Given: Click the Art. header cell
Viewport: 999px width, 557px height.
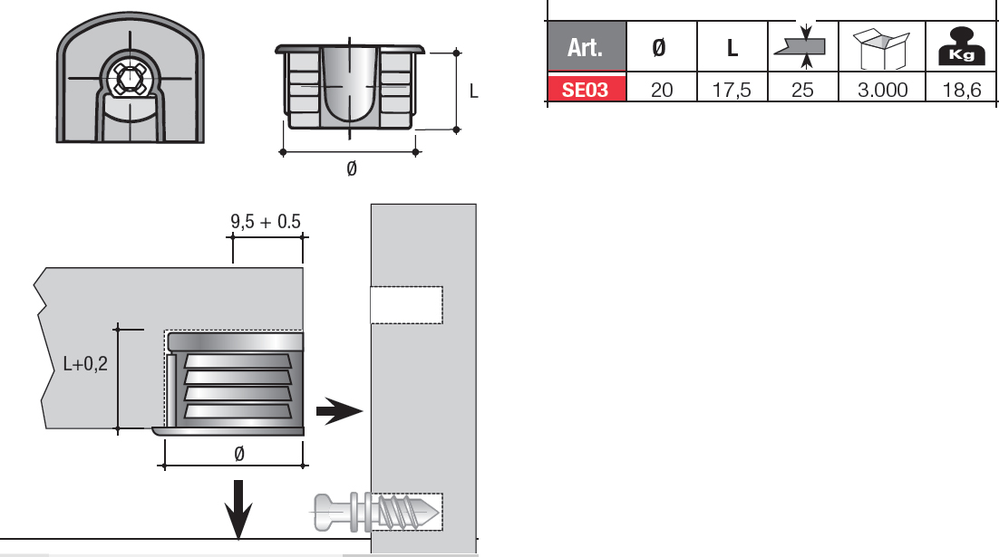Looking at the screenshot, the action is click(x=587, y=46).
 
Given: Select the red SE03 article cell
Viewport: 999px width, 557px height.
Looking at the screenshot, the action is click(x=587, y=89).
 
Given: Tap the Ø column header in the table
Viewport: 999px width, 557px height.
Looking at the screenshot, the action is click(x=659, y=48).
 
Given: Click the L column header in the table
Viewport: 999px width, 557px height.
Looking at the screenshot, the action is click(x=732, y=48).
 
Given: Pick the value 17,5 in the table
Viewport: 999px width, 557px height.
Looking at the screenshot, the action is click(x=732, y=90).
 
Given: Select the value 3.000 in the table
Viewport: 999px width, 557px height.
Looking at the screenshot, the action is click(x=882, y=90).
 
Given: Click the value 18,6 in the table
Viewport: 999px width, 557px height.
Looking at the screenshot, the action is click(x=962, y=90).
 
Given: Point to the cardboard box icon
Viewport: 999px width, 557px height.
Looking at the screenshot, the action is click(x=882, y=48).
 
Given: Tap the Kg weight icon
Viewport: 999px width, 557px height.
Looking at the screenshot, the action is click(x=962, y=46).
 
